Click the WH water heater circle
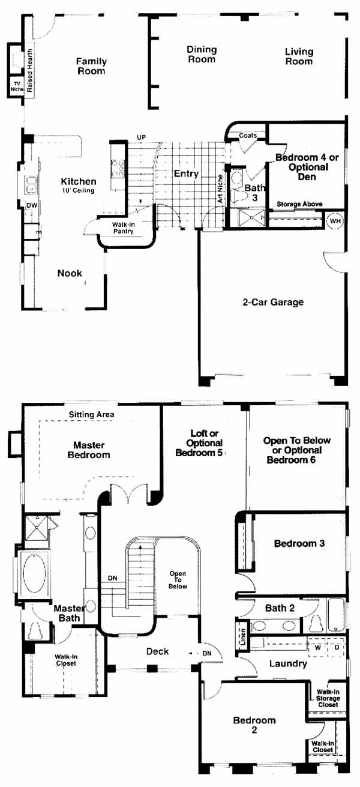335,221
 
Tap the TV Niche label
17,86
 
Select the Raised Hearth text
29,70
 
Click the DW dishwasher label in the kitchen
32,205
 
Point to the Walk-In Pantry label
123,228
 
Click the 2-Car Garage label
273,302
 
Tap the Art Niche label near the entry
220,188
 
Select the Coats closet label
248,135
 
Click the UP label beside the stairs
141,137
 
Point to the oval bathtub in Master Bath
34,573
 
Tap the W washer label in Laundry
317,647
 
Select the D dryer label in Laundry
337,647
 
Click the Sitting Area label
91,415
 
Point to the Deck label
157,652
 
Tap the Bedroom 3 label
299,543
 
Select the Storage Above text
299,204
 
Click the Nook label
70,273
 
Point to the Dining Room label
202,55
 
